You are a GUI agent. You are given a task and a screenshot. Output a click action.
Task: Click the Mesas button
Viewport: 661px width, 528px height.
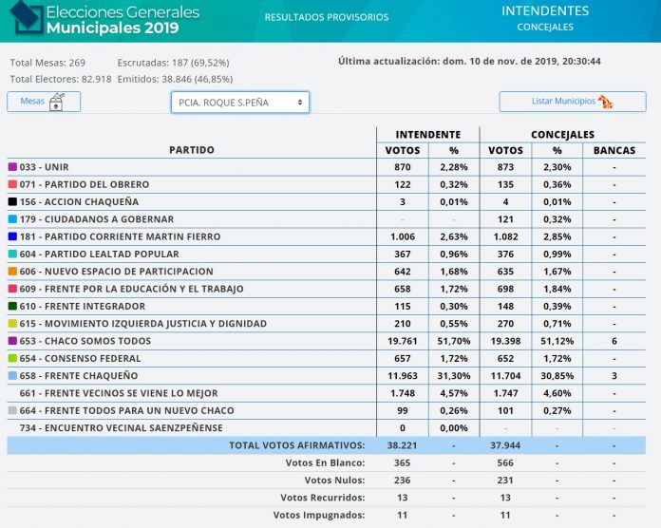coord(44,102)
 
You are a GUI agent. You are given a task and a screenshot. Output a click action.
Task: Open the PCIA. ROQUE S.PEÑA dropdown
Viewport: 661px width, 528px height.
coord(240,103)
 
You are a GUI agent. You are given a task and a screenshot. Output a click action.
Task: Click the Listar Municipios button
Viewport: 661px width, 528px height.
coord(573,102)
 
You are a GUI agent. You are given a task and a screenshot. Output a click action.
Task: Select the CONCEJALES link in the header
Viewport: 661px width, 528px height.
coord(545,27)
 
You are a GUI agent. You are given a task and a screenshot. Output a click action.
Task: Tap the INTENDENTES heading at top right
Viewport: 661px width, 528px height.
coord(545,10)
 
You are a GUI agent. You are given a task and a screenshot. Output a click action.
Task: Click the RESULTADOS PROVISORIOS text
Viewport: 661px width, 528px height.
coord(327,17)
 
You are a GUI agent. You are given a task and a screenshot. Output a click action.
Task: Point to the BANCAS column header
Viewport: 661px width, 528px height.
coord(614,150)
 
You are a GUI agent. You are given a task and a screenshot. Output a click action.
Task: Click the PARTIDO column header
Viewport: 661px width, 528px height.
coord(192,150)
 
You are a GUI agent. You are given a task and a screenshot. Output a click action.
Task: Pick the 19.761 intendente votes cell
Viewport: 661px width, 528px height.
coord(403,341)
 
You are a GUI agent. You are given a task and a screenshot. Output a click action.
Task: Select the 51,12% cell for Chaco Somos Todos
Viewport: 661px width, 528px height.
coord(557,341)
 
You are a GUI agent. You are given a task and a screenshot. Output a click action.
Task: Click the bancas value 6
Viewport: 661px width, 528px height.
coord(614,341)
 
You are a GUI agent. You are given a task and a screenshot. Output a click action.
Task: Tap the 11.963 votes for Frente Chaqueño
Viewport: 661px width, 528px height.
coord(403,375)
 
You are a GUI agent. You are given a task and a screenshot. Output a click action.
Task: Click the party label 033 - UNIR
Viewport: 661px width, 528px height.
coord(44,167)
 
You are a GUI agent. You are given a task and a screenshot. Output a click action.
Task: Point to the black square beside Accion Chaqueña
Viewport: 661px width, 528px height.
coord(12,201)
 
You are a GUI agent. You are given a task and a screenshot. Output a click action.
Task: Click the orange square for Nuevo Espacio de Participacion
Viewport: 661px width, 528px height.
coord(12,271)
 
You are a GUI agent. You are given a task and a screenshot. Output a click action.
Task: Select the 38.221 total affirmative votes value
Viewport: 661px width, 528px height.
coord(402,445)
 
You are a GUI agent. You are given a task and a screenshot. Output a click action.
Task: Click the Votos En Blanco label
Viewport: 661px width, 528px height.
coord(325,462)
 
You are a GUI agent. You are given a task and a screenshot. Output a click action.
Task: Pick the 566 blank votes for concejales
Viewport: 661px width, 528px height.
coord(505,462)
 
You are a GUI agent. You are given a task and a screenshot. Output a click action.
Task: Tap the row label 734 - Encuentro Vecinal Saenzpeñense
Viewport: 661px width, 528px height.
coord(121,427)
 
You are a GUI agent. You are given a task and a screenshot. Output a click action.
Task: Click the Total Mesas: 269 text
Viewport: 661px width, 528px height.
coord(47,63)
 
